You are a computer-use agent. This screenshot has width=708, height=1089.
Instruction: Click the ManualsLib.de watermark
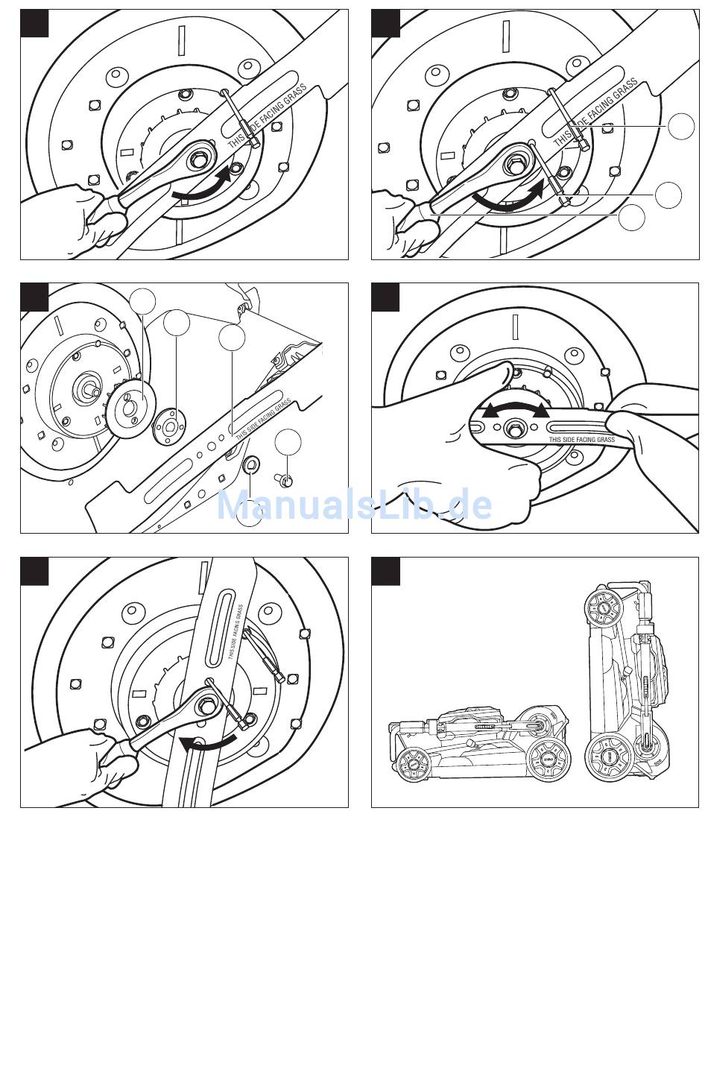pos(354,505)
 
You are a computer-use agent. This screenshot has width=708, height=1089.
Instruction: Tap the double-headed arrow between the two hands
pos(513,409)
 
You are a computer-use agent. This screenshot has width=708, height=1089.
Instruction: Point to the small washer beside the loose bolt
pos(251,466)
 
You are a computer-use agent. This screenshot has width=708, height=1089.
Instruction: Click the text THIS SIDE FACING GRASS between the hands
pos(581,440)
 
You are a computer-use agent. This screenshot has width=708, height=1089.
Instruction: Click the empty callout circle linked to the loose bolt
pos(288,442)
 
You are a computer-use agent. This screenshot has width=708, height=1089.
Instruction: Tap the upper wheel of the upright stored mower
pos(605,608)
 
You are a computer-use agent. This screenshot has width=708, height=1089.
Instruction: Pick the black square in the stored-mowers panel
pos(385,571)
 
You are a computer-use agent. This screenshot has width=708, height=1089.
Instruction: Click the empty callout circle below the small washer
pos(250,514)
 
